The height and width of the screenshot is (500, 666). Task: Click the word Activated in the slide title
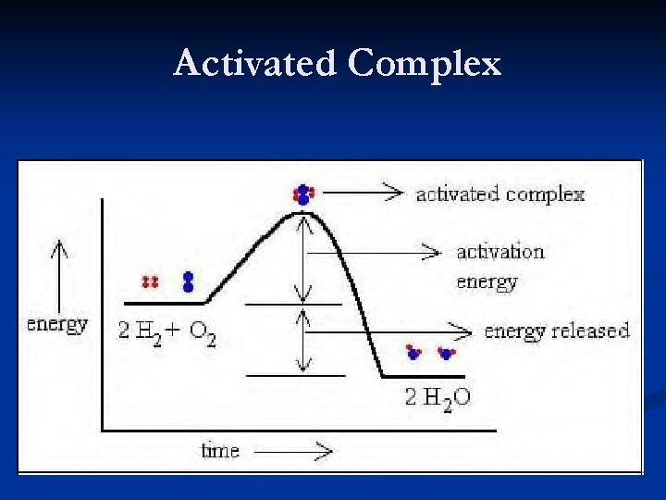(255, 64)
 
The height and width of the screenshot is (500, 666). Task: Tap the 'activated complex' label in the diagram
(499, 194)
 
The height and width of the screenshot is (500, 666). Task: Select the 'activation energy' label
(500, 267)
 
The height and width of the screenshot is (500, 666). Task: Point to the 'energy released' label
(556, 331)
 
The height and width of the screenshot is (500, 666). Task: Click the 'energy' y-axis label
(57, 324)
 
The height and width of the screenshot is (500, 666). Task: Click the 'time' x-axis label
(220, 451)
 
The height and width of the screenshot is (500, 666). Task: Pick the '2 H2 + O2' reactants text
(167, 331)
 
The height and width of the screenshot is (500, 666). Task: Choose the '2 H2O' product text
(438, 398)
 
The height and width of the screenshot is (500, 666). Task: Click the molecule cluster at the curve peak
(302, 194)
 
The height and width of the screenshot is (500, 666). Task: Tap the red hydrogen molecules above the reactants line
(149, 281)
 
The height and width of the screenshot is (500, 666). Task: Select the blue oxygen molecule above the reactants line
(189, 281)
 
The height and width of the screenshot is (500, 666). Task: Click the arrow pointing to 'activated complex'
(363, 193)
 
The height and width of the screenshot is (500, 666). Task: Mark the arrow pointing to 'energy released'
(388, 331)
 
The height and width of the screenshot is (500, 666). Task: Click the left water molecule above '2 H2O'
(413, 352)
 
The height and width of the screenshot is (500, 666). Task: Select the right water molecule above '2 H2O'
(447, 352)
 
